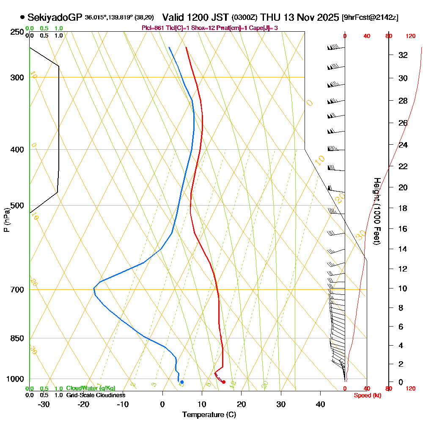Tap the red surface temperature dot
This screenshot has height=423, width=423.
tap(224, 382)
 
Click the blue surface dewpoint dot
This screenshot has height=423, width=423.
tap(182, 382)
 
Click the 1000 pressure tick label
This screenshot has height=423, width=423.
tap(15, 379)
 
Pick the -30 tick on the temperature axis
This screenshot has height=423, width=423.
tap(44, 404)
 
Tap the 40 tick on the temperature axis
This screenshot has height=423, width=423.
tap(320, 404)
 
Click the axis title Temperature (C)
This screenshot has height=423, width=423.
tap(209, 415)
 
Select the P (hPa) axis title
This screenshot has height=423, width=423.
tap(6, 220)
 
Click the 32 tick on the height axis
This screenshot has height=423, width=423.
tap(403, 55)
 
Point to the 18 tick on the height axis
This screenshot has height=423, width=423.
tap(403, 208)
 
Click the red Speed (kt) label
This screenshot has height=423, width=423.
tap(366, 395)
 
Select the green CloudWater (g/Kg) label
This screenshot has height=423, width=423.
tap(91, 388)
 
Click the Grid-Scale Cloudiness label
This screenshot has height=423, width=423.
tap(96, 395)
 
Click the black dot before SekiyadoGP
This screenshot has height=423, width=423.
tap(22, 17)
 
